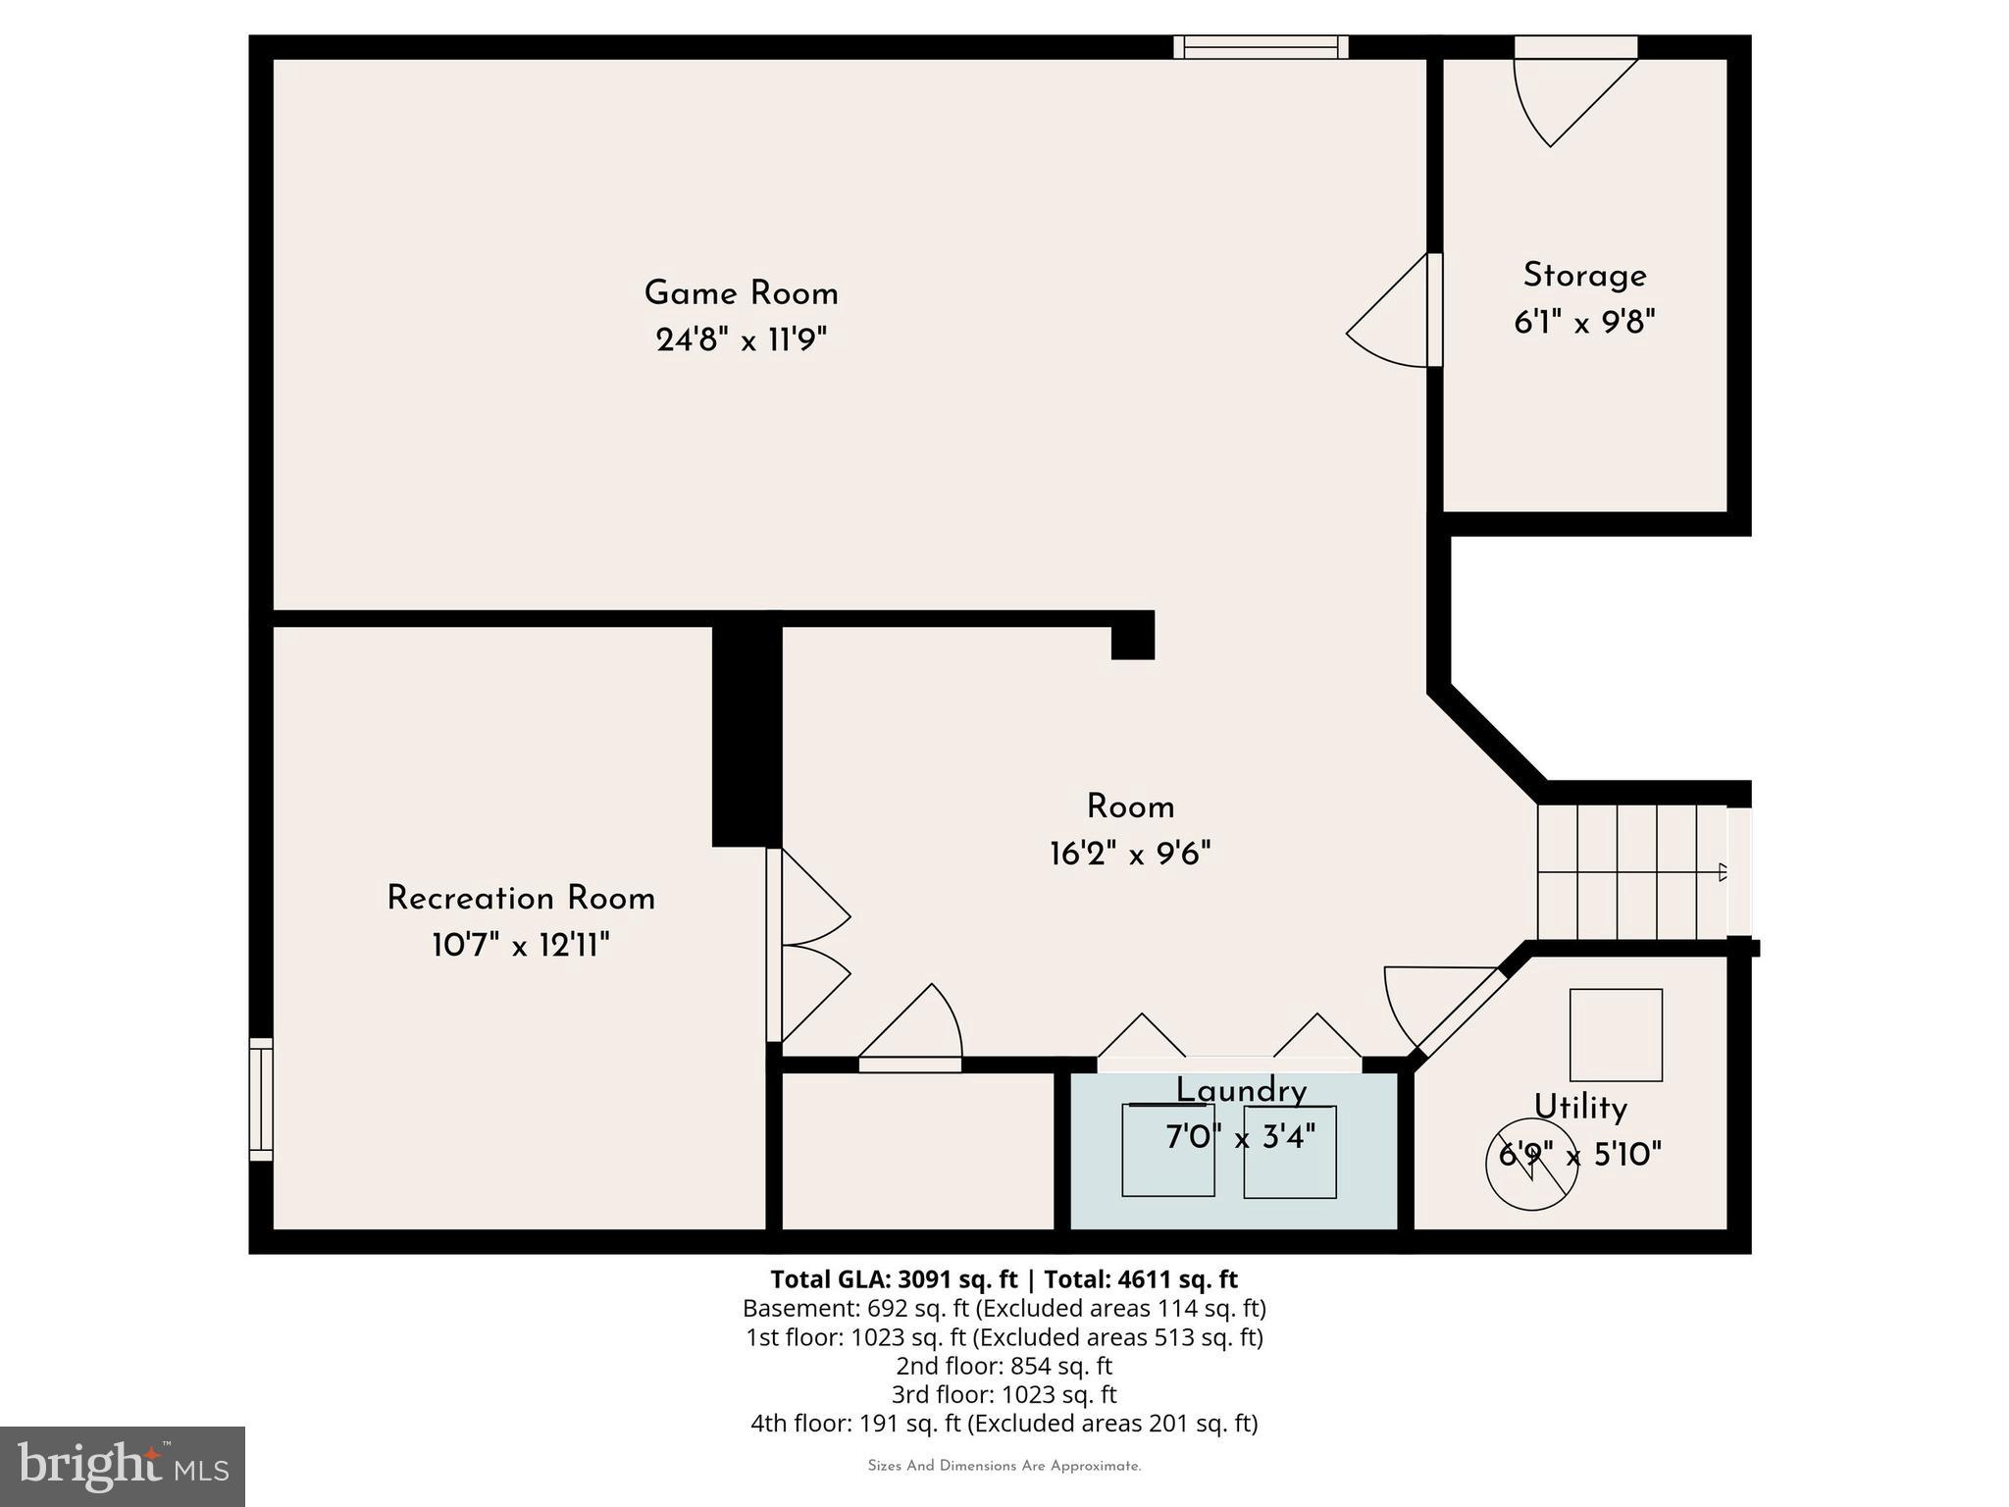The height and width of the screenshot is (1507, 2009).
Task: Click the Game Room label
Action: coord(741,293)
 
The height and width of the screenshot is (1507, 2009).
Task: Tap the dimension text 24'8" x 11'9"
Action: coord(741,340)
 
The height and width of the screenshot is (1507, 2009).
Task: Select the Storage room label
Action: coord(1584,276)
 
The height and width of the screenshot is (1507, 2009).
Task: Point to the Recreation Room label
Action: coord(520,899)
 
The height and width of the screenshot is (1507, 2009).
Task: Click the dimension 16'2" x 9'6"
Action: coord(1130,854)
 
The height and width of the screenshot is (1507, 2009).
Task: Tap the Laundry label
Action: coord(1241,1091)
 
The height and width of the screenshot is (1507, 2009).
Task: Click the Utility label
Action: coord(1580,1108)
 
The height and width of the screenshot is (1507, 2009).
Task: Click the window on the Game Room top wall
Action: coord(1261,47)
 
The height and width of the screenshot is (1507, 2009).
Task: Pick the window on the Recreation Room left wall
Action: coord(260,1099)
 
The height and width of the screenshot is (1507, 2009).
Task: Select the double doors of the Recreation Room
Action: coord(806,944)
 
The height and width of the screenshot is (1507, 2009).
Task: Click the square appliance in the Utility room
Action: coord(1616,1035)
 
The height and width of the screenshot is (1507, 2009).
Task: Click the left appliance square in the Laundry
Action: coord(1167,1150)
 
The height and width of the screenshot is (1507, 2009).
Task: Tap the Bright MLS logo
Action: coord(123,1466)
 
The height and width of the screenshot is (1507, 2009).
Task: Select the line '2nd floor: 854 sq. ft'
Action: coord(1004,1366)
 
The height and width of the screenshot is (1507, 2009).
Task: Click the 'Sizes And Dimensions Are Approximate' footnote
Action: coord(1004,1466)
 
